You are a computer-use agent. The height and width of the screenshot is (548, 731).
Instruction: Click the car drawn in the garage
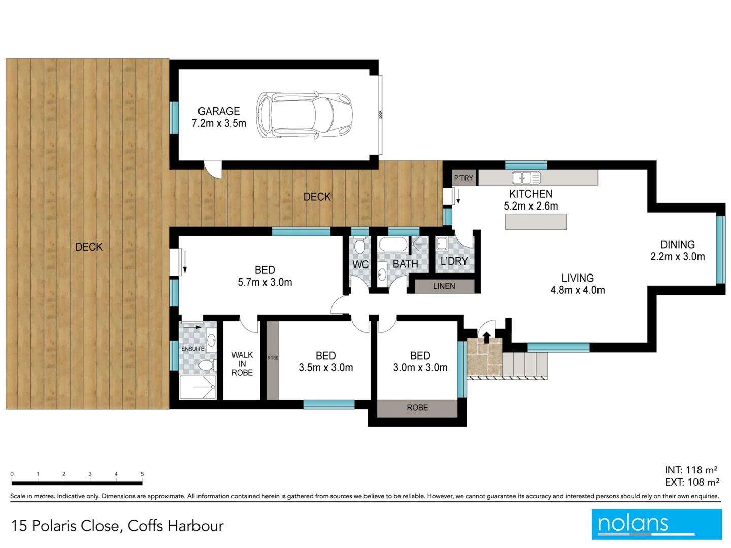point(304,115)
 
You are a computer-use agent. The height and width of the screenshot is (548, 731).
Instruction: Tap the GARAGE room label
point(219,111)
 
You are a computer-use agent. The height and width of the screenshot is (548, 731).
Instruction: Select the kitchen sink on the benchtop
point(526,178)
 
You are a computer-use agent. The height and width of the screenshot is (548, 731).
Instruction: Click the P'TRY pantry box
point(463,178)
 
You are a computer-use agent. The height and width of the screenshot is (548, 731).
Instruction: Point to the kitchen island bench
point(536,222)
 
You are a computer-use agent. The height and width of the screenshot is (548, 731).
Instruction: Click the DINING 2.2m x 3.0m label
point(677,251)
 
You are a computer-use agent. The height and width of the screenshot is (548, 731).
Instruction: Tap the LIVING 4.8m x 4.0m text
point(577,284)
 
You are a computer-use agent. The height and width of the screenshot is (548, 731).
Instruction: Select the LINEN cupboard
point(444,286)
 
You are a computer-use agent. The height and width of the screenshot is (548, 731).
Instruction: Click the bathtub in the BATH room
point(393,246)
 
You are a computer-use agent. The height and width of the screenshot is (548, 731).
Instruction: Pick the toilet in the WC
point(360,247)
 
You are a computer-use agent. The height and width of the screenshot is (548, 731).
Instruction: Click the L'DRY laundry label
point(454,261)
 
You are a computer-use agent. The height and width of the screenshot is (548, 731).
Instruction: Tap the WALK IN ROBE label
point(242,364)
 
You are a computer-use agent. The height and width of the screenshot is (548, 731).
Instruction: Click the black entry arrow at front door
point(486,337)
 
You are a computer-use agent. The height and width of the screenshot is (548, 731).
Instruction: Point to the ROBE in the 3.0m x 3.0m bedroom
point(417,408)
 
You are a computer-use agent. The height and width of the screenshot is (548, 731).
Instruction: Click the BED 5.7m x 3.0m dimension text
point(265,282)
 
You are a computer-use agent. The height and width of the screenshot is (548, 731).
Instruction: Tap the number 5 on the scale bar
point(142,474)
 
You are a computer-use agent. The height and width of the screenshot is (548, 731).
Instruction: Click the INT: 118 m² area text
point(691,470)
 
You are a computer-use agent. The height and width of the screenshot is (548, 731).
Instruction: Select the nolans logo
point(656,524)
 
